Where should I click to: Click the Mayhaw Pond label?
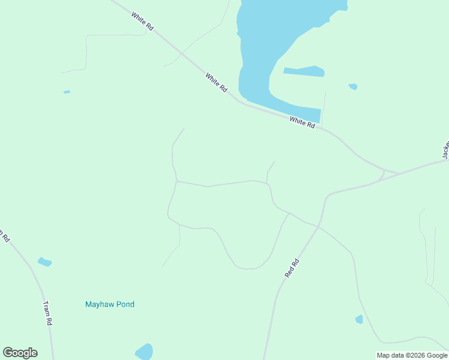click(110, 304)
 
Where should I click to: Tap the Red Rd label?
click(292, 268)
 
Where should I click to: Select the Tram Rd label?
click(47, 313)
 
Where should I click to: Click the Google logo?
click(20, 353)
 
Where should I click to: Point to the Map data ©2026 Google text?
click(412, 355)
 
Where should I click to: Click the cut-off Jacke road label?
click(445, 150)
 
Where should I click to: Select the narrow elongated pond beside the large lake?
click(304, 71)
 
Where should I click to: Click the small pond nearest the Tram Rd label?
click(44, 262)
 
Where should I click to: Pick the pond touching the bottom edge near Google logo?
click(144, 352)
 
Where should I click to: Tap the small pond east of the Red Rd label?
click(359, 319)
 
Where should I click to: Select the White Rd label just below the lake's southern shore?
click(302, 122)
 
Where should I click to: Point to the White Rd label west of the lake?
click(216, 82)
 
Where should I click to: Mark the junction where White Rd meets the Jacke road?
click(397, 173)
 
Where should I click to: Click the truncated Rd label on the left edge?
click(4, 235)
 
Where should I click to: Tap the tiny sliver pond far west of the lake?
click(67, 92)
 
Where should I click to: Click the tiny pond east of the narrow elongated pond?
click(353, 86)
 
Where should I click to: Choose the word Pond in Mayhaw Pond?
click(124, 304)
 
